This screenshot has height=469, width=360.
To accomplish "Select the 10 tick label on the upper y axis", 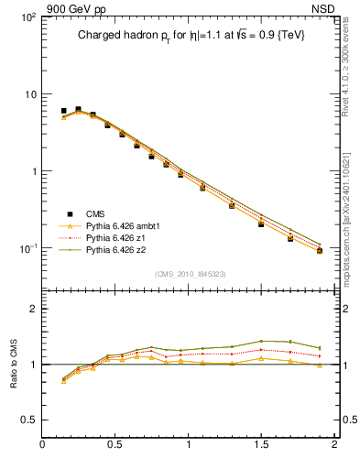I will click(x=29, y=94).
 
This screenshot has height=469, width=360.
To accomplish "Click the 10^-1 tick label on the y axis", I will click(x=27, y=248).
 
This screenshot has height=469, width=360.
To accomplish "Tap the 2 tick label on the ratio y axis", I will click(x=33, y=309).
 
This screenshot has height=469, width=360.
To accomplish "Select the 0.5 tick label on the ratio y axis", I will click(x=28, y=420).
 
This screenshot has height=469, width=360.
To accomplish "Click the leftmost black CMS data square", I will click(x=63, y=111).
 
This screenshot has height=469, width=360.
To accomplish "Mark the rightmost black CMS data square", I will click(x=319, y=250).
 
